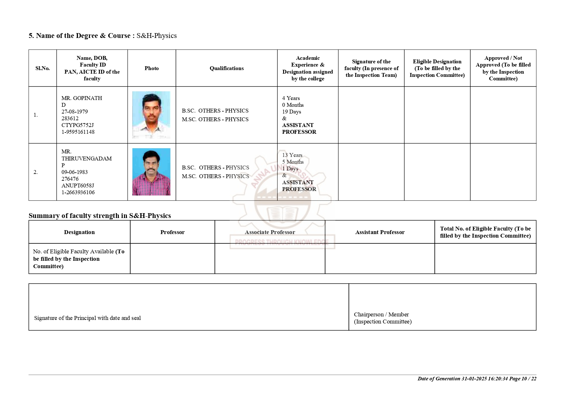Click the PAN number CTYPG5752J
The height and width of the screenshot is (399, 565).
tap(78, 125)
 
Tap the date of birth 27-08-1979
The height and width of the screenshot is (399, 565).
tap(75, 112)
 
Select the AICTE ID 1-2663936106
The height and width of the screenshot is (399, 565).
tap(78, 192)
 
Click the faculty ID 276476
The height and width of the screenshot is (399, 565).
tap(70, 179)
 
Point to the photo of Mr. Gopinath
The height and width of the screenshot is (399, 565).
tap(151, 115)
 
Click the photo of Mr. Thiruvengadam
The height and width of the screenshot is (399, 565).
tap(151, 172)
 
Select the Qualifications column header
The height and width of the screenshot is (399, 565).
tap(226, 68)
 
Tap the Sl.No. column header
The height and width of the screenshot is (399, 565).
tap(43, 68)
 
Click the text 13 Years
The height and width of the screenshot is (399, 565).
tap(292, 155)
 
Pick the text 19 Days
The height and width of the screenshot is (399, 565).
tap(292, 112)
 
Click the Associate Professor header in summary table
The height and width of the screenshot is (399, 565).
tap(270, 232)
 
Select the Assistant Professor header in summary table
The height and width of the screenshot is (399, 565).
tap(380, 232)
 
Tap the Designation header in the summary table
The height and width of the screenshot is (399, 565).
tap(79, 232)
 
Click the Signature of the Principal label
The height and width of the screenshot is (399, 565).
tap(87, 318)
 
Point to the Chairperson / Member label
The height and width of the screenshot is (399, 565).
tap(381, 314)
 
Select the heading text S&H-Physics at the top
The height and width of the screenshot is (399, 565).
tap(157, 36)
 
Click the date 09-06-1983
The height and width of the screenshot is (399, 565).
tap(75, 172)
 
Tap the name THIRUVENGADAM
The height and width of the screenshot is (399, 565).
tap(87, 159)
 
